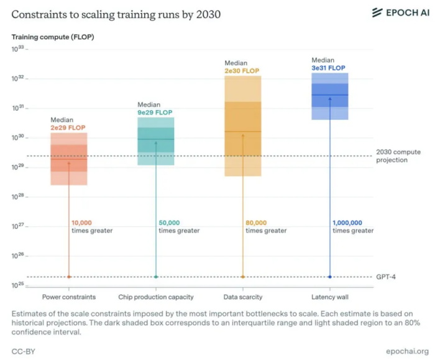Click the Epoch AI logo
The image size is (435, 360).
coord(400,13)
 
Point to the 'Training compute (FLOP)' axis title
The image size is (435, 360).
coord(51,37)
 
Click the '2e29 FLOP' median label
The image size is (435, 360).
coord(68,127)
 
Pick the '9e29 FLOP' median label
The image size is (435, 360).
coord(155,113)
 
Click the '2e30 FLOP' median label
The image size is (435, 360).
coord(242,71)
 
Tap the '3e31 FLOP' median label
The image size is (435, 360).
coord(329,68)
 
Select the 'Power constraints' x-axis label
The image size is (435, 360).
coord(68,297)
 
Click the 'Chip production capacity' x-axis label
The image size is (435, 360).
coord(155,297)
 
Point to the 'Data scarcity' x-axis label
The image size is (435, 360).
coord(242,297)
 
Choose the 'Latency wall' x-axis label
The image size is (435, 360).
coord(329,297)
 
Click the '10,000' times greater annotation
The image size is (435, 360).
coord(83,223)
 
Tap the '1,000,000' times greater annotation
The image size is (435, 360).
coord(347,223)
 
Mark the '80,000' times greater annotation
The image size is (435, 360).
coord(256,223)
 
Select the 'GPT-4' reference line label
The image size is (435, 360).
coord(386,277)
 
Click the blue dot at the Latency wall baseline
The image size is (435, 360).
coord(329,277)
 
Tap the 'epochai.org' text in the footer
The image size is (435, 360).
coord(407,351)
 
